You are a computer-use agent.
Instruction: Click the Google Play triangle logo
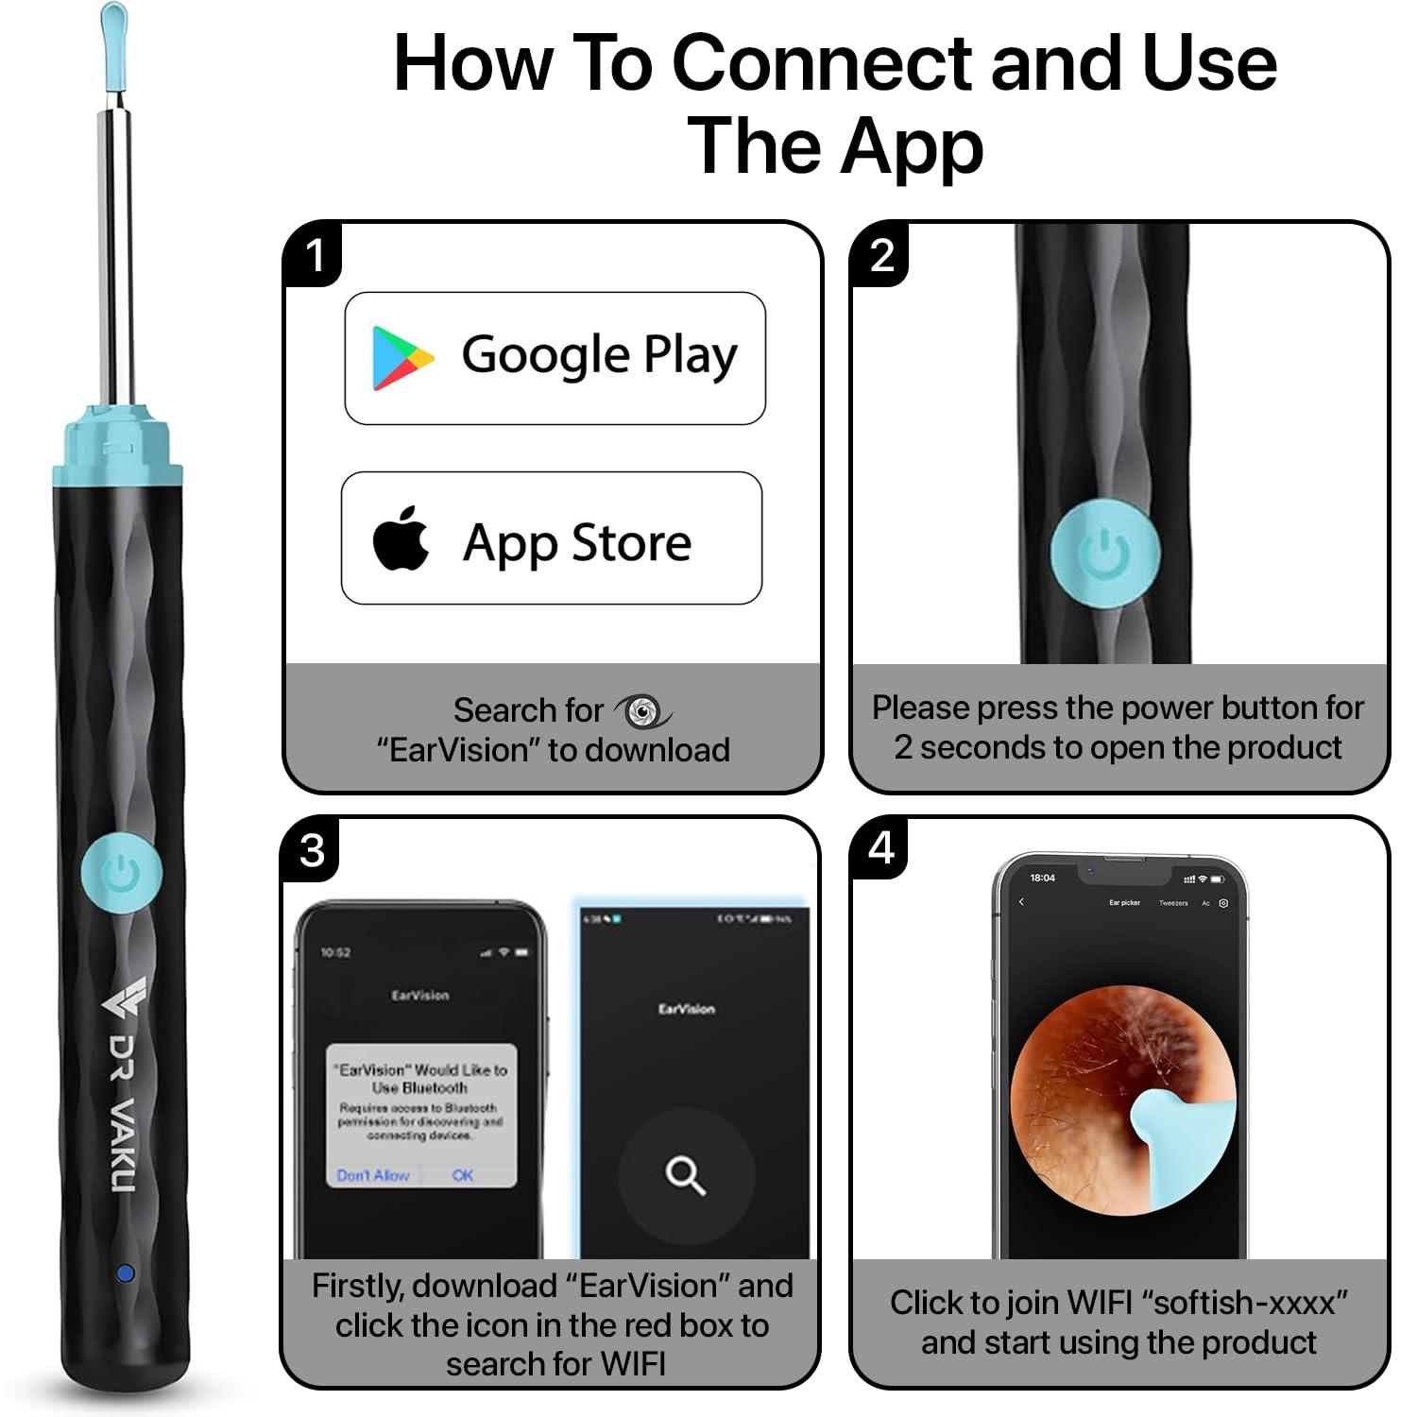pyautogui.click(x=401, y=358)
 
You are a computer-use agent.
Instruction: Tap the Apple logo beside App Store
pyautogui.click(x=401, y=538)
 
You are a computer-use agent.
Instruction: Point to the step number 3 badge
pyautogui.click(x=313, y=850)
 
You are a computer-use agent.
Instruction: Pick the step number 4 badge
pyautogui.click(x=881, y=848)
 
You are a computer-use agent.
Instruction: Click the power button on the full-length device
pyautogui.click(x=121, y=874)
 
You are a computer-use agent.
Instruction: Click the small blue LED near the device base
pyautogui.click(x=125, y=1273)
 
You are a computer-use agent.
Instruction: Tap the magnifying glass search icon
pyautogui.click(x=685, y=1175)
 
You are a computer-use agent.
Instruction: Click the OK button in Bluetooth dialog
pyautogui.click(x=463, y=1175)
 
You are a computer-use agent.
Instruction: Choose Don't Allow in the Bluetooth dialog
pyautogui.click(x=373, y=1175)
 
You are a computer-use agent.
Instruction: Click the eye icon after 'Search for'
pyautogui.click(x=643, y=710)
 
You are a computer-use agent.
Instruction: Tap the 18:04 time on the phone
pyautogui.click(x=1042, y=878)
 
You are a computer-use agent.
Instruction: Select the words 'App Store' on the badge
pyautogui.click(x=577, y=543)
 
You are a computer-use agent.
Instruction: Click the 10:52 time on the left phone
pyautogui.click(x=335, y=952)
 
